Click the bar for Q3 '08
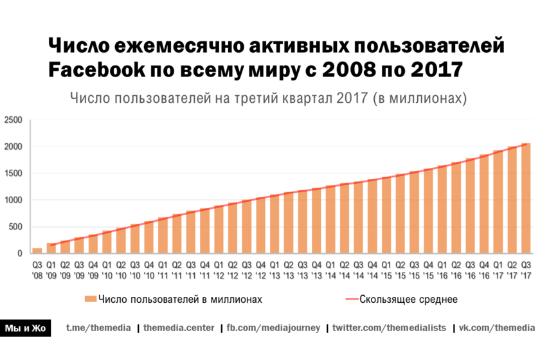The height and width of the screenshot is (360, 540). click(37, 251)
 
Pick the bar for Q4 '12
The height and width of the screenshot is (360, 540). click(261, 226)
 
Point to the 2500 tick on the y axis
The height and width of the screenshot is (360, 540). click(14, 120)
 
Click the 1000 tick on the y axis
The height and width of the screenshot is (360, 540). click(14, 200)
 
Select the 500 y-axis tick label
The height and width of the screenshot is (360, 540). click(16, 227)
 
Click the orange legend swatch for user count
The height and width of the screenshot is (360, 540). click(90, 299)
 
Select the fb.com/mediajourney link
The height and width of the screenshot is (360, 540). click(273, 328)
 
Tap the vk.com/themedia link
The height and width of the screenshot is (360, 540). click(496, 328)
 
